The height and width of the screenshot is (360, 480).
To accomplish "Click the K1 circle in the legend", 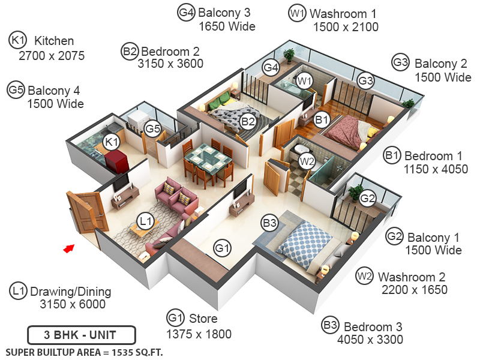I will (x=17, y=41).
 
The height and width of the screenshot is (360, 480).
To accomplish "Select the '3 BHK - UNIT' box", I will (x=82, y=334).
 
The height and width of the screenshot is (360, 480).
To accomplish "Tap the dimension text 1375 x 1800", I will (x=199, y=334).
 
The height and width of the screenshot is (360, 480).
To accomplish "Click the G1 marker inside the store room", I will (x=223, y=247).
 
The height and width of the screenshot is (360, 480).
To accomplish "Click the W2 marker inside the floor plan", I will (x=307, y=161).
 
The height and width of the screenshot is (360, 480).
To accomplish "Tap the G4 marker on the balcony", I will (x=271, y=68).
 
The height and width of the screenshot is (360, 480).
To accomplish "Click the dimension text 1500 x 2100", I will (x=346, y=27).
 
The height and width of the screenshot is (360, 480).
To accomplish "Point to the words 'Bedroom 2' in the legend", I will (x=170, y=52).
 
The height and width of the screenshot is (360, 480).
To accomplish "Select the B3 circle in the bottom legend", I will (x=330, y=326).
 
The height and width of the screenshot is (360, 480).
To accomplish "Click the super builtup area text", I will (x=84, y=352).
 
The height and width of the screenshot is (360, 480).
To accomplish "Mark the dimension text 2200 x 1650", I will (x=415, y=290).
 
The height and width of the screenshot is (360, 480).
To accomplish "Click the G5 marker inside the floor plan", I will (x=153, y=128).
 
